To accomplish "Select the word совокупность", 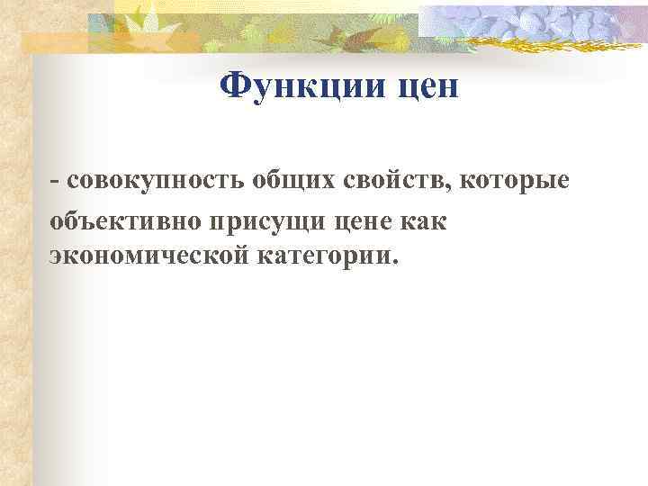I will pos(156,182).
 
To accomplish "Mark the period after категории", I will pos(392,264).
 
